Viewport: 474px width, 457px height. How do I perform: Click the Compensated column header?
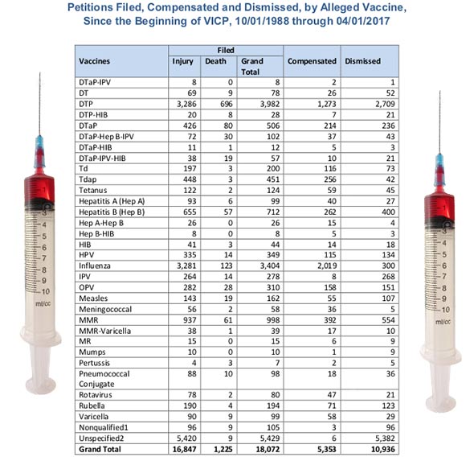(x=312, y=61)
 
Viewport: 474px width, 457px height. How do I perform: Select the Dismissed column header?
(x=362, y=61)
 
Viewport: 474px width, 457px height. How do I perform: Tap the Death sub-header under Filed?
(x=215, y=61)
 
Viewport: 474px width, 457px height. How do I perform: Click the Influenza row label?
(x=95, y=266)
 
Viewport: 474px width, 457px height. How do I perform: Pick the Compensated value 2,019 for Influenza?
(x=327, y=266)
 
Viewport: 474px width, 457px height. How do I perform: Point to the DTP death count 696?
(x=227, y=104)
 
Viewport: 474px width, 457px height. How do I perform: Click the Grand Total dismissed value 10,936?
(x=382, y=450)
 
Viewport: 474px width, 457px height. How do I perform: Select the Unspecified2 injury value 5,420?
(x=186, y=438)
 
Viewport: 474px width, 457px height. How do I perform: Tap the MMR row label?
(x=88, y=320)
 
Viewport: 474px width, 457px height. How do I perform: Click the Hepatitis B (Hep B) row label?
(x=112, y=212)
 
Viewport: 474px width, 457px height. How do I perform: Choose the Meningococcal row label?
(x=105, y=309)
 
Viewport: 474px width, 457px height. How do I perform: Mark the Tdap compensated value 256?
(x=330, y=179)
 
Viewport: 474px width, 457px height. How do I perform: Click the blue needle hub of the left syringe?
(x=39, y=151)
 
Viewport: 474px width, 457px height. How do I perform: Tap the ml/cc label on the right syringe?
(x=443, y=322)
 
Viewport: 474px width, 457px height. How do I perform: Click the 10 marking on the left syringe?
(x=46, y=291)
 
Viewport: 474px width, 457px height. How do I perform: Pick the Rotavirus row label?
(x=96, y=395)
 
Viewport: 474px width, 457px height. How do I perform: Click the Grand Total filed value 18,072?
(x=268, y=450)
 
